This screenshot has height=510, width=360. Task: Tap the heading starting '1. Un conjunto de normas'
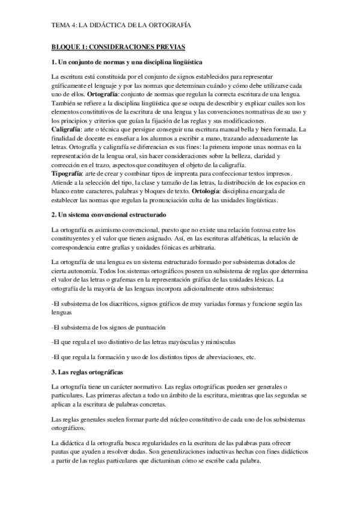(x=127, y=62)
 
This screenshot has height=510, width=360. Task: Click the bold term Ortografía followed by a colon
(x=103, y=95)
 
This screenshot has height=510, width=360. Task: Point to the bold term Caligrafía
(x=67, y=130)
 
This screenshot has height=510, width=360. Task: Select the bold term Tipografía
(x=69, y=173)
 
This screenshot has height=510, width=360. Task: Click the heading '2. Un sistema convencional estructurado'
(x=109, y=214)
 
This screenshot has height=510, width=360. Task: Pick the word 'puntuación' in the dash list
(x=149, y=327)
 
